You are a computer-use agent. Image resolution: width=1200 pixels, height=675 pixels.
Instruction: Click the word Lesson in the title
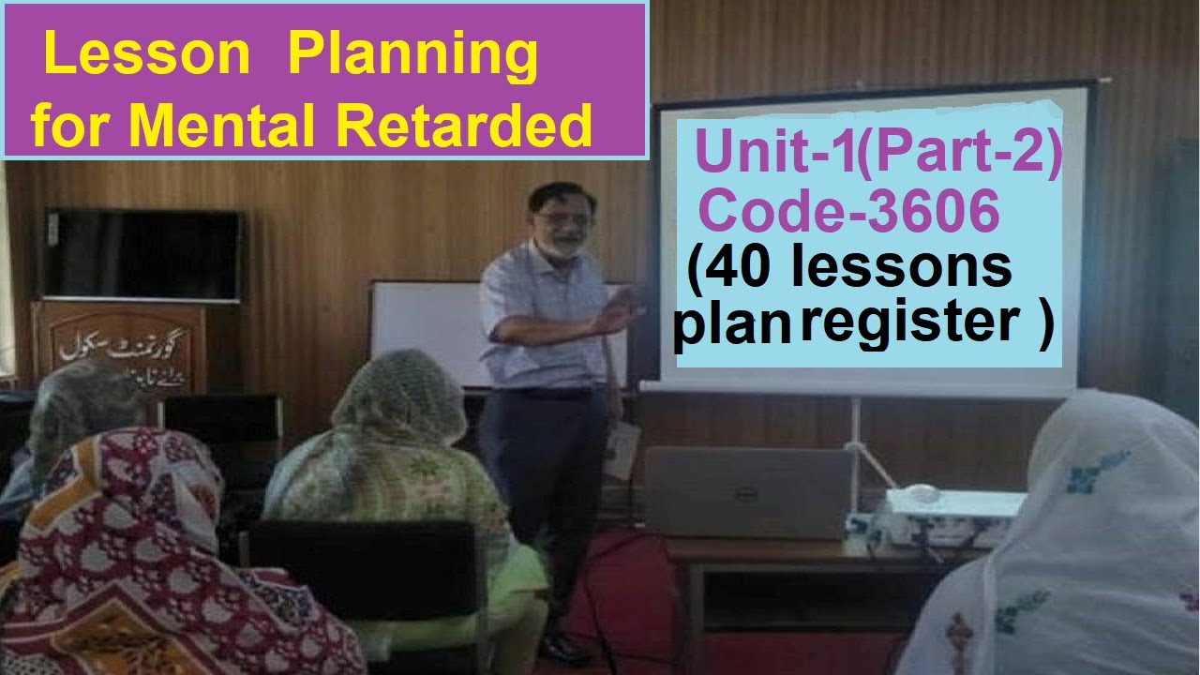(148, 58)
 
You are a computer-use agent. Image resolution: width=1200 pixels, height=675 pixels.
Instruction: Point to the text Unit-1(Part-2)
(879, 156)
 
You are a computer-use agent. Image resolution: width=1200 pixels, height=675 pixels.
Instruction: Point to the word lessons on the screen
(902, 269)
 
